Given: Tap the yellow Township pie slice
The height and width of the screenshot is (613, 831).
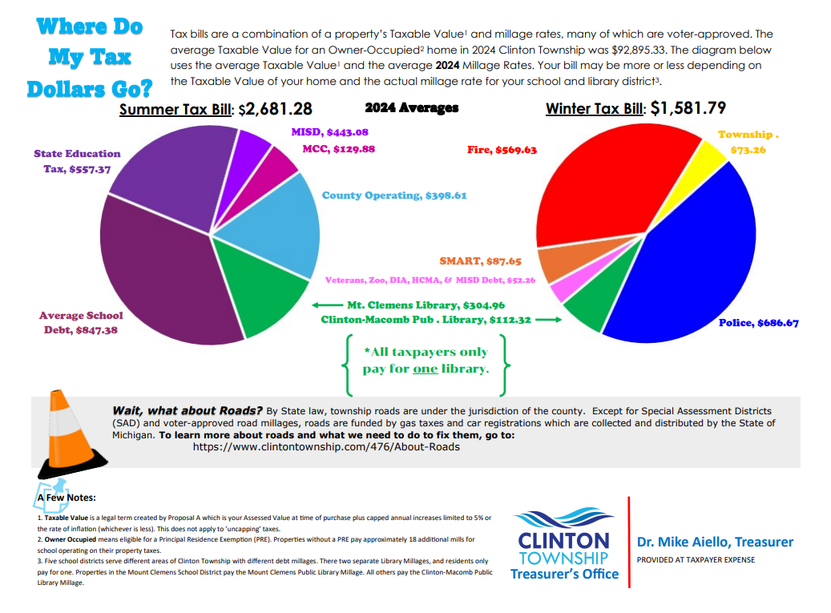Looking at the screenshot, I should [x=712, y=156].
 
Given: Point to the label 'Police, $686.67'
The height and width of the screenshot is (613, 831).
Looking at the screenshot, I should [x=758, y=323].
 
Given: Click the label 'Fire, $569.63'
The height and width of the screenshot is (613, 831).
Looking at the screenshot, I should [x=502, y=150].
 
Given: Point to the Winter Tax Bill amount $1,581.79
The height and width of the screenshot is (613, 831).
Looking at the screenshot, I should [x=687, y=108].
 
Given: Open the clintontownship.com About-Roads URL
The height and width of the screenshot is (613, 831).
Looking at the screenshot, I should [x=327, y=446].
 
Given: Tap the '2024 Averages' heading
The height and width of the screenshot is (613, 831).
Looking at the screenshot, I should [x=411, y=107].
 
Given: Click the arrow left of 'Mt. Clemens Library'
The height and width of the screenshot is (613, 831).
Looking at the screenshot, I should [x=326, y=305].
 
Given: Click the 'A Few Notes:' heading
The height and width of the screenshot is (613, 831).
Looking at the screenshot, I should [x=67, y=498].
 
